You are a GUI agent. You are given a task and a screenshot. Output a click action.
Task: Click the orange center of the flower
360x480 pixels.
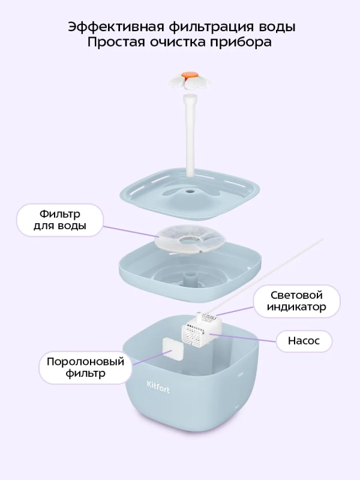(x=189, y=76)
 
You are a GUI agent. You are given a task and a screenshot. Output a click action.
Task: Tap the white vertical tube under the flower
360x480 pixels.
(x=191, y=132)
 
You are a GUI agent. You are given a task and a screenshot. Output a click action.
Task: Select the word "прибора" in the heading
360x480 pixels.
(x=241, y=43)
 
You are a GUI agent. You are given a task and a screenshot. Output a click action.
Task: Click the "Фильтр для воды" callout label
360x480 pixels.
(x=60, y=220)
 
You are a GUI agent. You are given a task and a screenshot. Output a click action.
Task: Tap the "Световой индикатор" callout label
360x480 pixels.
(x=297, y=301)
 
